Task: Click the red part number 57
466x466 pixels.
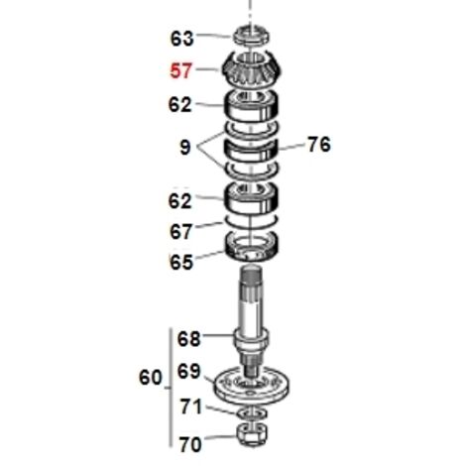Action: click(x=180, y=71)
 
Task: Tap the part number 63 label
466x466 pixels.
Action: click(x=181, y=39)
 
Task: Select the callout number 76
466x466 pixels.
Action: click(x=319, y=145)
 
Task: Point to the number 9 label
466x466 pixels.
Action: click(x=185, y=147)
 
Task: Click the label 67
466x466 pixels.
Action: click(x=180, y=231)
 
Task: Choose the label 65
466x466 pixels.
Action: click(x=181, y=263)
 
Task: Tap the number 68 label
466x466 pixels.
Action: click(x=188, y=339)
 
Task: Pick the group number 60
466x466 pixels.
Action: click(x=151, y=377)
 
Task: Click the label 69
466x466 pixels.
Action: click(x=188, y=372)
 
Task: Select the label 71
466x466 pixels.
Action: click(x=190, y=407)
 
